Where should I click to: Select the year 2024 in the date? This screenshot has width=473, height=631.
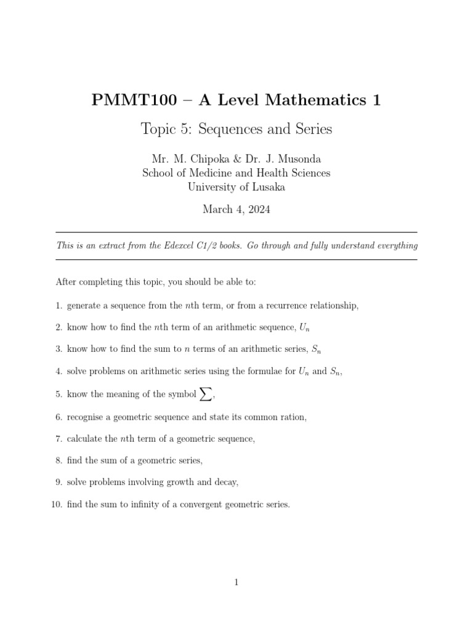[257, 210]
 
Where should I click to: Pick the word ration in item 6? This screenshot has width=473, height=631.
[291, 417]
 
